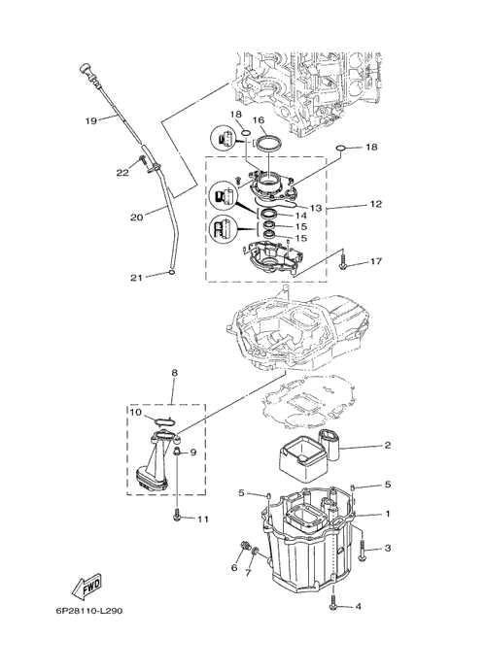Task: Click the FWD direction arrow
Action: click(87, 585)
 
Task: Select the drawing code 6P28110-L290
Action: click(88, 611)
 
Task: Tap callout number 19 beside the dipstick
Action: click(90, 120)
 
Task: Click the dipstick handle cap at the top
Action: click(85, 69)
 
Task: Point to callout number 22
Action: click(122, 173)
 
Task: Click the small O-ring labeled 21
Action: click(172, 273)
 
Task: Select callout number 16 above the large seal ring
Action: click(259, 120)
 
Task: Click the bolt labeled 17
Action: click(343, 262)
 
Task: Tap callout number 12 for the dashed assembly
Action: click(375, 204)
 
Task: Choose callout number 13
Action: click(316, 208)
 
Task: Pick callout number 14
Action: click(301, 216)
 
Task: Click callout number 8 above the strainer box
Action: click(174, 373)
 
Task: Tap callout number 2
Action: click(387, 445)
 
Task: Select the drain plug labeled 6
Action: click(245, 546)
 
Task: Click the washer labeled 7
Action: click(256, 551)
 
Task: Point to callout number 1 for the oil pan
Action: click(388, 514)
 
